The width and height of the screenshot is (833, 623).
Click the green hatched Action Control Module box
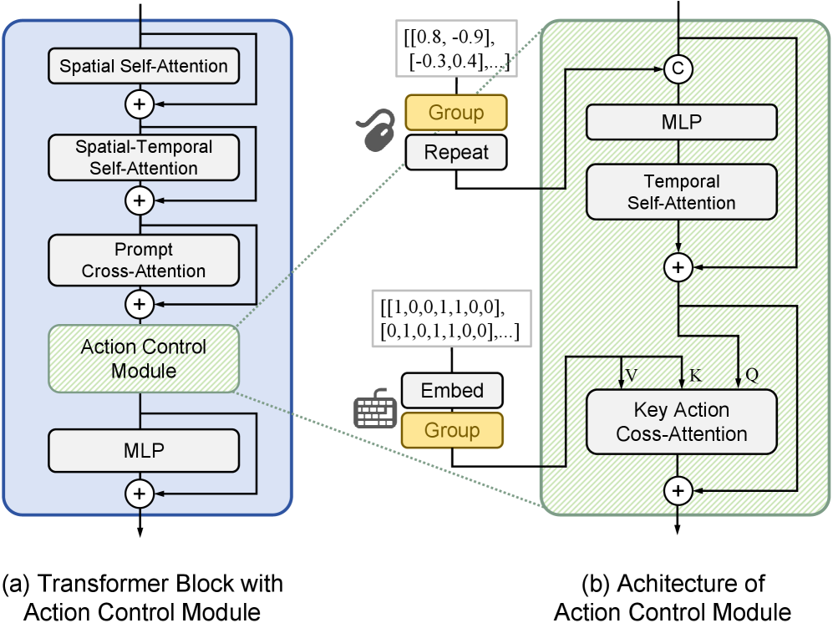point(143,358)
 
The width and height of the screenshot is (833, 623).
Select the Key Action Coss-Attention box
point(681,422)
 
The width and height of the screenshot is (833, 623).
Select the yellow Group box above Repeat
point(456,113)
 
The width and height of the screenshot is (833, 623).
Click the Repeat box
point(456,152)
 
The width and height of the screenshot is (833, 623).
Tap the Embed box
point(453,390)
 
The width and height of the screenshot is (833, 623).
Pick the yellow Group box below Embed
point(453,430)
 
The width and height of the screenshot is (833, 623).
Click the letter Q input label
point(751,376)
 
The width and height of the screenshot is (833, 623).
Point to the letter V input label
point(632,376)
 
